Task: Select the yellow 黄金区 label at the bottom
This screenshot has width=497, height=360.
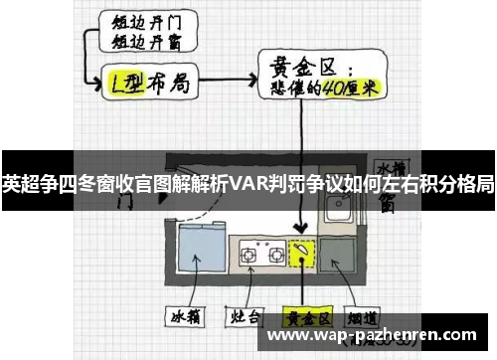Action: click(306, 319)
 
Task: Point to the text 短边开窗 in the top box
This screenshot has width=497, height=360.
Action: click(141, 43)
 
